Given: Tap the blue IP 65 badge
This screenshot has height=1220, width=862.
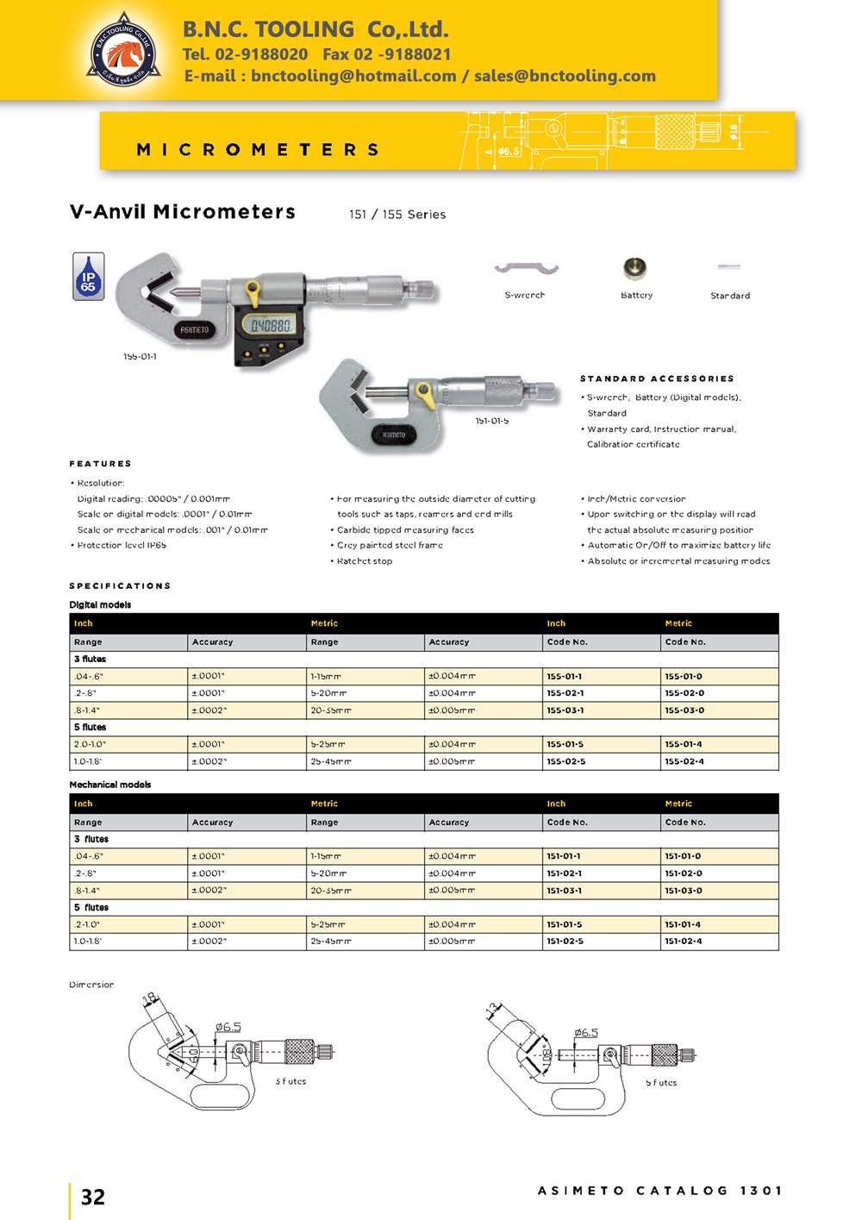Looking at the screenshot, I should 88,276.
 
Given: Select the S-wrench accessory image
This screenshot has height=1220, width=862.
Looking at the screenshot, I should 526,269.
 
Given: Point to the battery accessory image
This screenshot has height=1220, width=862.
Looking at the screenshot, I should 635,268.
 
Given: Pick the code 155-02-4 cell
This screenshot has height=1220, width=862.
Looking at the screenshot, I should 684,761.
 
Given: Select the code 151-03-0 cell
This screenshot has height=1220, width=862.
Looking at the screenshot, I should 684,891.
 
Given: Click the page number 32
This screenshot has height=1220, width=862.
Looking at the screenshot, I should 93,1197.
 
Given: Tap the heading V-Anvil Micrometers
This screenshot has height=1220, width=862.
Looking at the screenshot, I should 183,212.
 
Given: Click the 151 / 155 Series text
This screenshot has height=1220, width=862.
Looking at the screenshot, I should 397,215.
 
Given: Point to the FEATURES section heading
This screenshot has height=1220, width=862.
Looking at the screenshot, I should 101,464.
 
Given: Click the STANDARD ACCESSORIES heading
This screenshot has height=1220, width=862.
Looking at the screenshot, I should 657,379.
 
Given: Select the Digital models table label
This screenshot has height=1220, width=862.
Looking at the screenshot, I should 100,604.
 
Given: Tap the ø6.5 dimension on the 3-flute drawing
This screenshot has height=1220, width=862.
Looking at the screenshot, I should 228,1027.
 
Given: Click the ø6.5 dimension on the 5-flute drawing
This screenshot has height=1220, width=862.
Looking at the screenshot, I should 586,1032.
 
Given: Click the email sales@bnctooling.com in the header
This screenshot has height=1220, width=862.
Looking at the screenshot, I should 565,76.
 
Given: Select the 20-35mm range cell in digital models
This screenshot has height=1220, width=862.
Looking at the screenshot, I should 331,710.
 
